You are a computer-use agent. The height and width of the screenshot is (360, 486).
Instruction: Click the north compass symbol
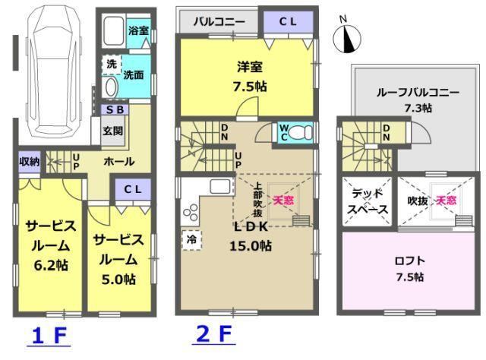point(347,39)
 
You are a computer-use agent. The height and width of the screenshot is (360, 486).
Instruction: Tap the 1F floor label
point(49,336)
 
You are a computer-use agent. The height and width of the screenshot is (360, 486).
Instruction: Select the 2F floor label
point(214,335)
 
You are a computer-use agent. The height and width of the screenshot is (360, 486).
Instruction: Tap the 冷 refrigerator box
point(192,240)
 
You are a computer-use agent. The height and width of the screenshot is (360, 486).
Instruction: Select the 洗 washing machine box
point(112,65)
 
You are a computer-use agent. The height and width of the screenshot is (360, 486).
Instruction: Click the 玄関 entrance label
point(113,131)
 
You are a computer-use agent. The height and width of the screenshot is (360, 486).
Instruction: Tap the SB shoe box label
point(115,110)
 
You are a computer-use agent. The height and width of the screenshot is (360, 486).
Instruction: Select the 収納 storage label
point(30,161)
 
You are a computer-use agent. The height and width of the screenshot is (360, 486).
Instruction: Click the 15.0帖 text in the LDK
point(251,246)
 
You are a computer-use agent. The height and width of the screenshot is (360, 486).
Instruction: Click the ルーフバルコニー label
point(418,93)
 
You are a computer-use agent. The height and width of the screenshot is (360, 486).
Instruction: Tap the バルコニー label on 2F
point(219,22)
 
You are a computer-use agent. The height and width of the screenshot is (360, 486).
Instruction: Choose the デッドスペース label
point(368,201)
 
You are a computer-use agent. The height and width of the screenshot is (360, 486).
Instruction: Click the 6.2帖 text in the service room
point(51,265)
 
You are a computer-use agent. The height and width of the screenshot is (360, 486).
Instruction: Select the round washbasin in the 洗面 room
point(111,87)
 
